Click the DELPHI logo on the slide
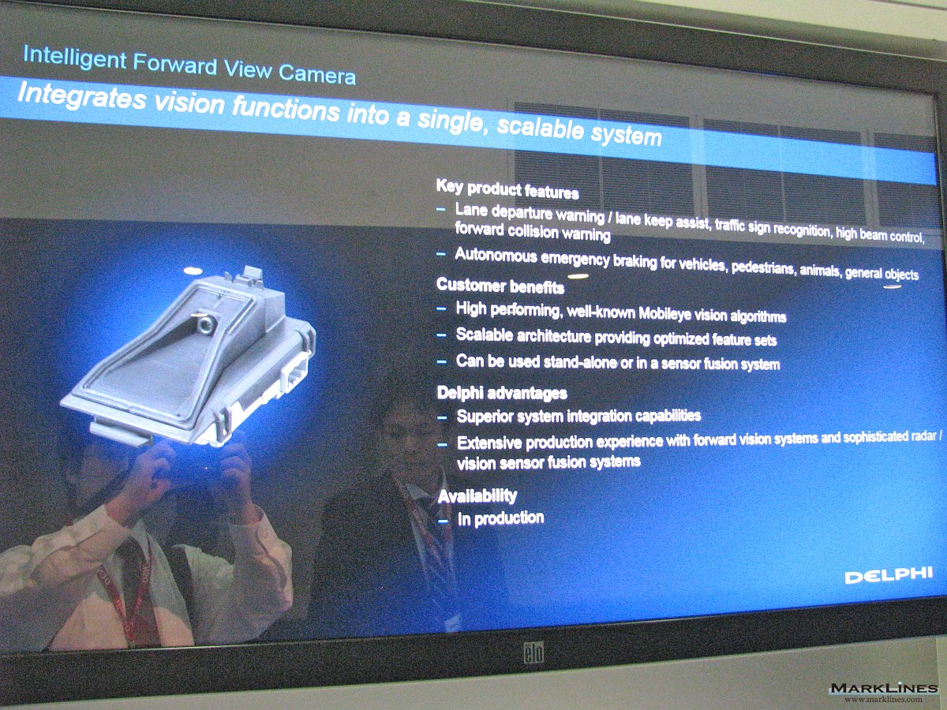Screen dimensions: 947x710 (x=889, y=575)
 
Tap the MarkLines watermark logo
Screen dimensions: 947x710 (x=884, y=693)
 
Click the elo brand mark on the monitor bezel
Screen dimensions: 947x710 (x=533, y=652)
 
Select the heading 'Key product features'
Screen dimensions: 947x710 (x=507, y=189)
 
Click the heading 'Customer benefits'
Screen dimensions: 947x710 (x=500, y=286)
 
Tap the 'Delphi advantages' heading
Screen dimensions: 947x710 (x=502, y=393)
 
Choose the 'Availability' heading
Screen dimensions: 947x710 (x=477, y=495)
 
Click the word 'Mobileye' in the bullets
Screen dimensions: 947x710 (x=664, y=313)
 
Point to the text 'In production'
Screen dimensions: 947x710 (x=501, y=518)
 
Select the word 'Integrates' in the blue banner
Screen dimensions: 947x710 (x=82, y=95)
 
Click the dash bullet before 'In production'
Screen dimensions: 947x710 (x=443, y=521)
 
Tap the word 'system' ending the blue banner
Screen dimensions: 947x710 (x=626, y=133)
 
